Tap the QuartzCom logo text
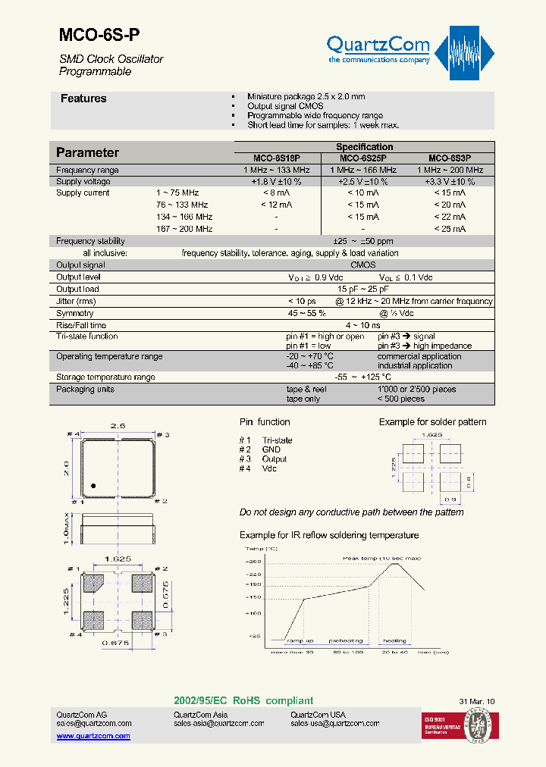tap(378, 45)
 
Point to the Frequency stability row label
tap(90, 241)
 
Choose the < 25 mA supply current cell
tap(450, 229)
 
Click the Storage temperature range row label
tap(105, 377)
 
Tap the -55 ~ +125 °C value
tap(363, 377)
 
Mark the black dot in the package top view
tap(94, 486)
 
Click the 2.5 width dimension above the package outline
tap(118, 427)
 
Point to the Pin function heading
tap(265, 422)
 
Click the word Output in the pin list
tap(275, 459)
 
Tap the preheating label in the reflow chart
tap(347, 640)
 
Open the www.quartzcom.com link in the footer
tap(93, 736)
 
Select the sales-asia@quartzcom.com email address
tap(218, 724)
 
